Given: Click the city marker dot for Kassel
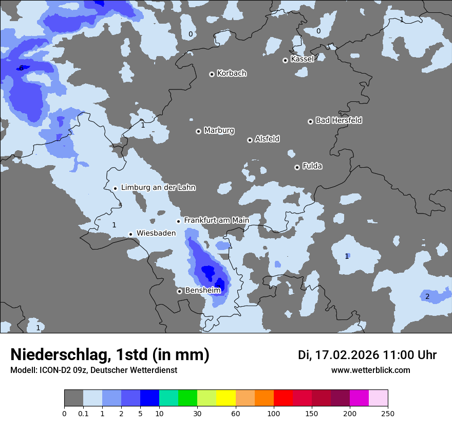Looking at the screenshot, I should point(285,60).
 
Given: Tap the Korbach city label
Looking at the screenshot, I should point(232,74).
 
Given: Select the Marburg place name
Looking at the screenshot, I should point(219,131).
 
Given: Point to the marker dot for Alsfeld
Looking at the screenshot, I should point(250,140).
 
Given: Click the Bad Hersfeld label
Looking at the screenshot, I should point(338,120).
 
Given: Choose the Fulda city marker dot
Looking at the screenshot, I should point(297,167).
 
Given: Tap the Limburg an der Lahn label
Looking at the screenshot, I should point(158,188).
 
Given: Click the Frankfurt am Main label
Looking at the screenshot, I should point(216,220).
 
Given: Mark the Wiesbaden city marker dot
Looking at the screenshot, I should point(130,234).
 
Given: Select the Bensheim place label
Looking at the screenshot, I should point(202,291).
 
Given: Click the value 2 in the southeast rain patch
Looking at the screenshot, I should point(427,296).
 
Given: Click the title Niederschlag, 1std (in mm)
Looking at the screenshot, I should point(110,354).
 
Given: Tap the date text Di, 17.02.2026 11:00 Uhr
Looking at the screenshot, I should point(367,355).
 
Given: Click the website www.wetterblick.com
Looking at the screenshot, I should point(371,370).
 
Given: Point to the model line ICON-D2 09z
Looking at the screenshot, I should point(93,370).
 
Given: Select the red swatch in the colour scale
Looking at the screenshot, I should point(283,398).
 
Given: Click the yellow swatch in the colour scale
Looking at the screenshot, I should point(225,398).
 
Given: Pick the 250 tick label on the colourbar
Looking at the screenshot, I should point(388,413).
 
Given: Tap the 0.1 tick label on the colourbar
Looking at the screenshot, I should point(83,413).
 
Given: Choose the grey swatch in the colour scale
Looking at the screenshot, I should point(73,398).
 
